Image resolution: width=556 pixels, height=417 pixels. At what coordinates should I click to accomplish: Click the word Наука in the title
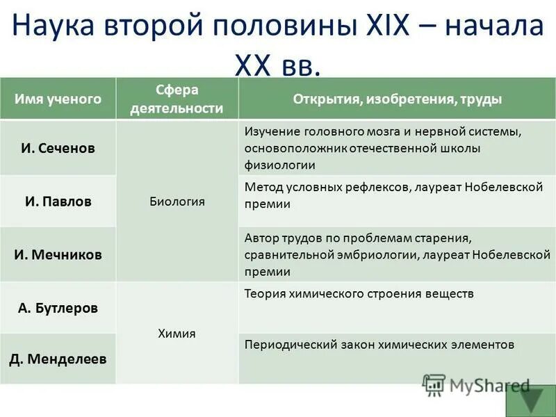pos(55,26)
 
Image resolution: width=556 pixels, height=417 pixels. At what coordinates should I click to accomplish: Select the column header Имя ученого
pos(58,99)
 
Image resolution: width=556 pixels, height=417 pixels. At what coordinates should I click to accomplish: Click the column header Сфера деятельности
pos(177,99)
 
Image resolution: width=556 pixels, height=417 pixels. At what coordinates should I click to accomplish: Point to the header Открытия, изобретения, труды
pos(397,99)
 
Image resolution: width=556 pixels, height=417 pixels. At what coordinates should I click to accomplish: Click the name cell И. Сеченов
pos(58,148)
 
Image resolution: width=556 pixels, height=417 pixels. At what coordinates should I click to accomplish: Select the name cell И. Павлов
pos(58,202)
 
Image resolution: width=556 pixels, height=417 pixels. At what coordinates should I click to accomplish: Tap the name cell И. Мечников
pos(58,254)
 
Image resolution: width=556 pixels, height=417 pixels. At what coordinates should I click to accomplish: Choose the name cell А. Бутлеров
pos(58,307)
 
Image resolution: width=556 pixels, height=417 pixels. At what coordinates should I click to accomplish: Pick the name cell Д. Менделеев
pos(58,359)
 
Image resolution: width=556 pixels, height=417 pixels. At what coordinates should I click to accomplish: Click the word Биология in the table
pos(177,202)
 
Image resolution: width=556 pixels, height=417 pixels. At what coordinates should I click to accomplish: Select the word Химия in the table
pos(177,334)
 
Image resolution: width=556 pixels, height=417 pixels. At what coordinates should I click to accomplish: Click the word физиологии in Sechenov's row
pos(279,165)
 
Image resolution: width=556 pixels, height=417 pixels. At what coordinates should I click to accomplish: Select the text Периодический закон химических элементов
pos(379,345)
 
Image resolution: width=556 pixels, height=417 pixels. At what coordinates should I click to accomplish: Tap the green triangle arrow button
pos(533,399)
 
